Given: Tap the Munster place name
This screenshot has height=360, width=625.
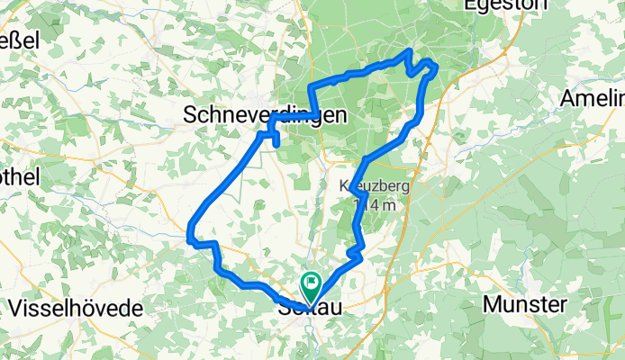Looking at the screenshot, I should pos(525,304).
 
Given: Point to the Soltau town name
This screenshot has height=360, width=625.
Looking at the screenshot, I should pos(310,309).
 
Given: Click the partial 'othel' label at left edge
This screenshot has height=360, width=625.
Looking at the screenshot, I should pos(20,177).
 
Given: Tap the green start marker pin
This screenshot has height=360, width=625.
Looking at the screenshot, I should pos(312,287).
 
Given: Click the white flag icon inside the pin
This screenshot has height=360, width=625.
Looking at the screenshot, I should pos(312,282).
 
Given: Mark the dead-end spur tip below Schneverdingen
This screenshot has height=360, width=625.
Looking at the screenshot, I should pos(276,144).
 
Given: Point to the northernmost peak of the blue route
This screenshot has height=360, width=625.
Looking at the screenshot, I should pos(411,50).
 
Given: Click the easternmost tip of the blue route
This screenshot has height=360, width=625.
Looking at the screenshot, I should pos(436,66).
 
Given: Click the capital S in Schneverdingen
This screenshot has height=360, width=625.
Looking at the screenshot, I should pos(190,114).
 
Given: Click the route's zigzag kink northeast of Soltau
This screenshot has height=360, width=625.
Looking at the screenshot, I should pos(358,256).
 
